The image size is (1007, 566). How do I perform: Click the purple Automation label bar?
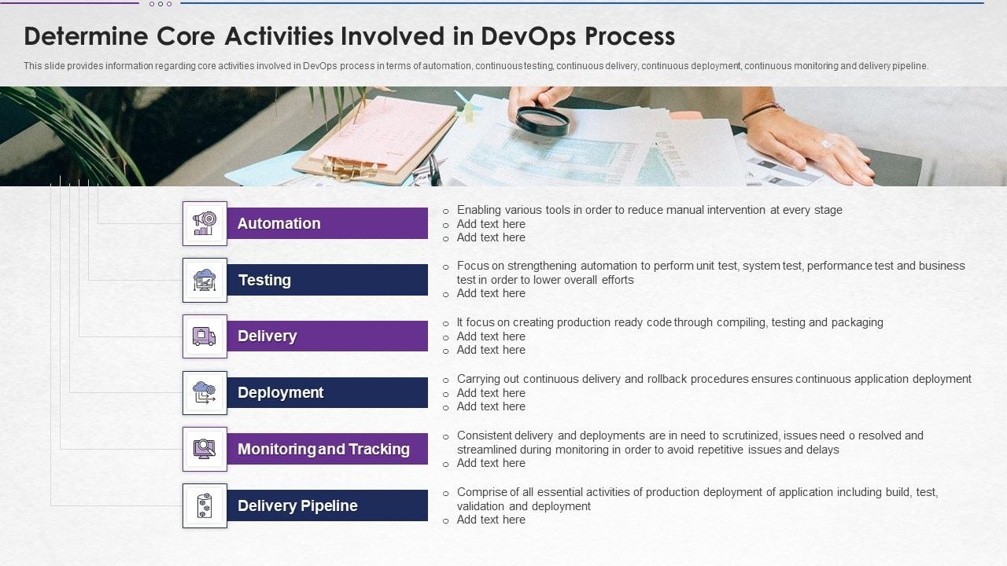[x=327, y=223]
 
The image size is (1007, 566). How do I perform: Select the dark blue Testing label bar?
[x=327, y=280]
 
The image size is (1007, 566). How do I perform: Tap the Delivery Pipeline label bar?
[x=327, y=505]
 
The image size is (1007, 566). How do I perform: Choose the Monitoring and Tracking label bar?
[x=327, y=449]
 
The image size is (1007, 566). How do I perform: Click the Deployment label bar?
[x=327, y=392]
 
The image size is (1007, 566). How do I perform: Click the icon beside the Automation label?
[x=205, y=223]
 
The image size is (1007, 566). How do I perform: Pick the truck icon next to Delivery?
[x=205, y=336]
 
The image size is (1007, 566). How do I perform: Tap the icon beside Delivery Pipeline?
[x=205, y=505]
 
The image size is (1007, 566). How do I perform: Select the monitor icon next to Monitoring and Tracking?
[x=205, y=449]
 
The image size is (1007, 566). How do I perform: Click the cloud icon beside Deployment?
[x=205, y=392]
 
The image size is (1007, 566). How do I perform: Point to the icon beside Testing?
[x=205, y=280]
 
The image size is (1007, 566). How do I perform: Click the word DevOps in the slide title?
[x=518, y=37]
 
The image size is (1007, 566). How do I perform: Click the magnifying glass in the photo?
[x=542, y=121]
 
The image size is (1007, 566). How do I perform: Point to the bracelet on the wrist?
[x=762, y=111]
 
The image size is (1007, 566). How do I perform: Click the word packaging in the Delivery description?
[x=857, y=322]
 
